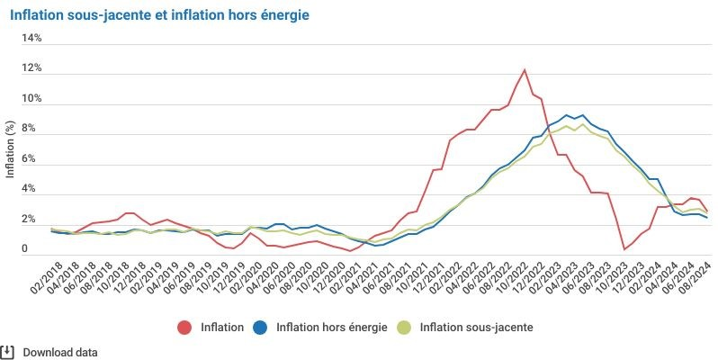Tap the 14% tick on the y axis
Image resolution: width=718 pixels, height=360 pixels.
[x=32, y=39]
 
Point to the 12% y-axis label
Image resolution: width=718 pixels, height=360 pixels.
[x=32, y=69]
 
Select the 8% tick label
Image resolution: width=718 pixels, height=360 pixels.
[x=32, y=130]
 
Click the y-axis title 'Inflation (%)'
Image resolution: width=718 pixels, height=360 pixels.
[x=11, y=149]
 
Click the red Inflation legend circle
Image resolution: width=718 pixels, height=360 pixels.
[x=186, y=328]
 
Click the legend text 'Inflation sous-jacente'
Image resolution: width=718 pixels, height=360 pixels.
[x=476, y=328]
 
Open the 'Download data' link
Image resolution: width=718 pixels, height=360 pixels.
[x=60, y=353]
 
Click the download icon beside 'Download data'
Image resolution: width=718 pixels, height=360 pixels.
[x=8, y=352]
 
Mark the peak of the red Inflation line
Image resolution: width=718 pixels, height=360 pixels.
[x=525, y=70]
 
